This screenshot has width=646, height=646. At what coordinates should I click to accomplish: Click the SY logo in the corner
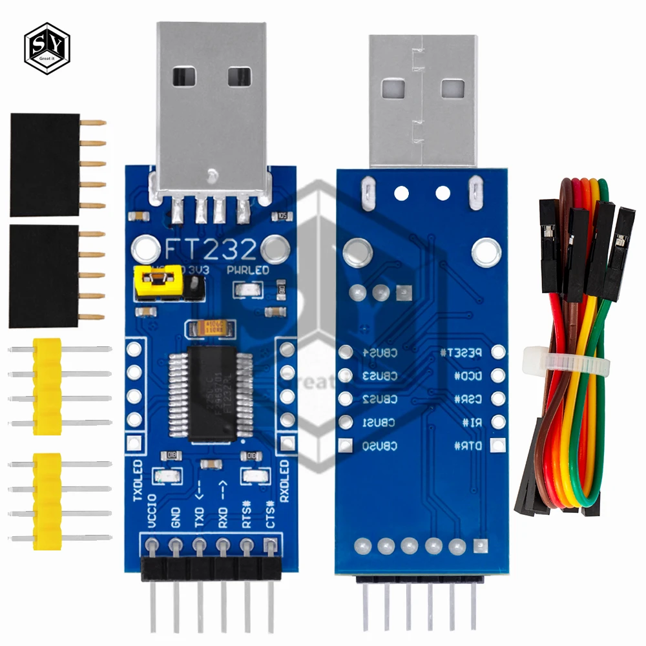[47, 47]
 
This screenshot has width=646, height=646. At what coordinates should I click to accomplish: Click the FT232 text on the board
[212, 248]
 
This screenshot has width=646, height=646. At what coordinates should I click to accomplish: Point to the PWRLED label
[248, 271]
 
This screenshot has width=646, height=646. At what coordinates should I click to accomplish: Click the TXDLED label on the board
[138, 481]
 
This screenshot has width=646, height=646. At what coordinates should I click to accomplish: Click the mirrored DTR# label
[467, 446]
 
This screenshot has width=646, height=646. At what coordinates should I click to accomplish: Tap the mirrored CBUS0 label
[380, 446]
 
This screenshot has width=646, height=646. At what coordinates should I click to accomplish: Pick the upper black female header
[45, 164]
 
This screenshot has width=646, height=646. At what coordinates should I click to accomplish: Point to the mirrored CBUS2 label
[380, 399]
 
